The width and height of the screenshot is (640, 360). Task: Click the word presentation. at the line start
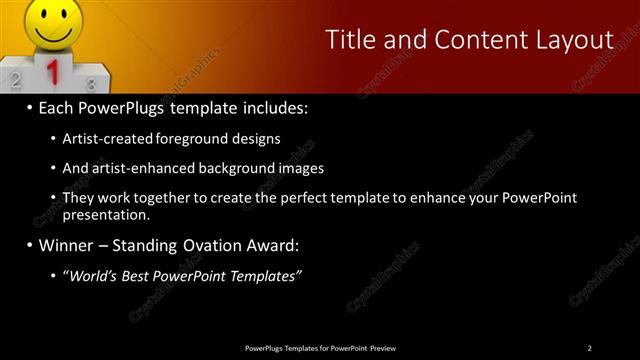tap(106, 214)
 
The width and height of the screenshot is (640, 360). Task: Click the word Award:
tap(276, 245)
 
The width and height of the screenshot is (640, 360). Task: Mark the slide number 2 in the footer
tap(590, 347)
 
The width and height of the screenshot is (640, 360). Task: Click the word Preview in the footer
tap(381, 347)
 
